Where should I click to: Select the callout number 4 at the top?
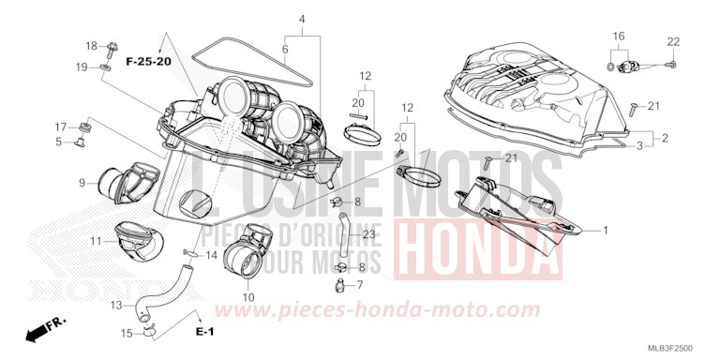pos(302,19)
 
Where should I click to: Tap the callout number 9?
pos(82,182)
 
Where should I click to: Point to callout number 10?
pos(247,297)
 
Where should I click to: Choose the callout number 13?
pos(116,306)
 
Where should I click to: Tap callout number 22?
pos(673,41)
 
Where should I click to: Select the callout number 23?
pos(368,234)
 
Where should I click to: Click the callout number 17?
pos(58,127)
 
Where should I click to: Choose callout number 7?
pos(358,284)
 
